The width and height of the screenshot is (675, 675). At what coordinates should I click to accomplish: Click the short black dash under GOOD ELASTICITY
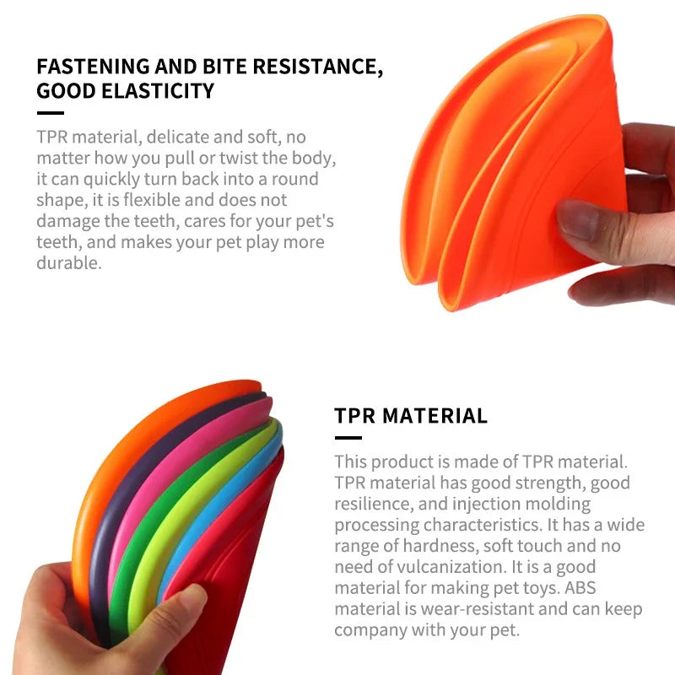point(50,112)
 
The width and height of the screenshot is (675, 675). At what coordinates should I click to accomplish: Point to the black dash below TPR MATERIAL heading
point(348,437)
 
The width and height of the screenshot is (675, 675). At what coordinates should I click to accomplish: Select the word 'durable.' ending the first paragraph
point(69,262)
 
